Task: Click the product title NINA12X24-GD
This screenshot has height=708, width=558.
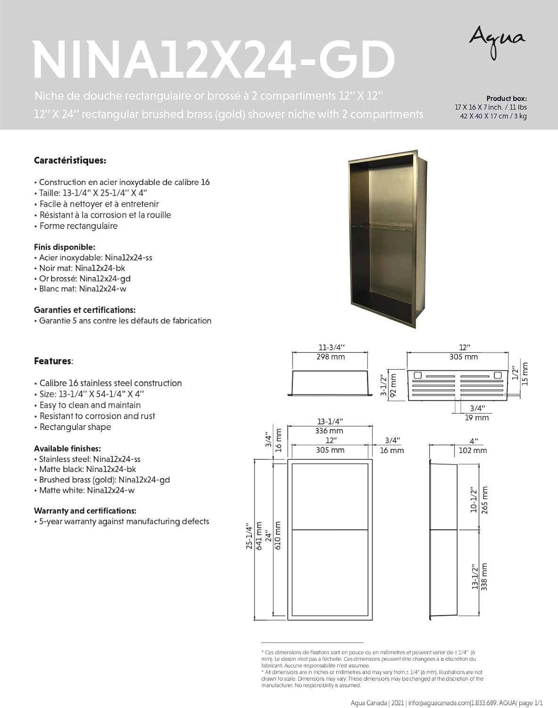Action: [214, 60]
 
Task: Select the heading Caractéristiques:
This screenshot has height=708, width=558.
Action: [70, 160]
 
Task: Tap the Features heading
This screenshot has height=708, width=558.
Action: [53, 361]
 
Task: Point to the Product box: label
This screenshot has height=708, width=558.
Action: [506, 98]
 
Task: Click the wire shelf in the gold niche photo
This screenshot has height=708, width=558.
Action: [382, 228]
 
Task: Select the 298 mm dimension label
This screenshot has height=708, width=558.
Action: [330, 357]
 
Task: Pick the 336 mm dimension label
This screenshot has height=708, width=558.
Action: [330, 430]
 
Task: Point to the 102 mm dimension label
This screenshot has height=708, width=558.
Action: [473, 450]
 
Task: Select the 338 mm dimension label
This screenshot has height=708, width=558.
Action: [484, 577]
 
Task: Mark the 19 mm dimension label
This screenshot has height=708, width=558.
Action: [477, 418]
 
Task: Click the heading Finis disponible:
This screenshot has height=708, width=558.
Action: [64, 247]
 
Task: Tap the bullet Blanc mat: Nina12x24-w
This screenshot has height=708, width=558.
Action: [83, 289]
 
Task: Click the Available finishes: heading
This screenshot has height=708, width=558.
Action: [67, 448]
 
